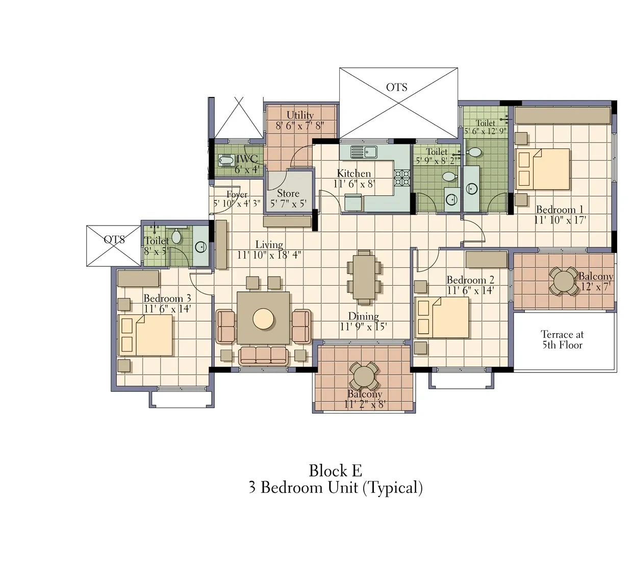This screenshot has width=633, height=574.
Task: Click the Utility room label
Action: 300,115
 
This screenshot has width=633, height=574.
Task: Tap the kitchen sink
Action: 364,152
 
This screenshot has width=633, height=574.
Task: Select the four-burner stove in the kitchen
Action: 402,178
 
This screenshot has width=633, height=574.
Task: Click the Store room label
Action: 288,193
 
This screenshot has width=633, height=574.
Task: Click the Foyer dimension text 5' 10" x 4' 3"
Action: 237,204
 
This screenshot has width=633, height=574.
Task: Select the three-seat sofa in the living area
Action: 263,356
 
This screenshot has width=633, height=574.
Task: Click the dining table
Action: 364,277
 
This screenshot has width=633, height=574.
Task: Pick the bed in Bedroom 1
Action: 542,169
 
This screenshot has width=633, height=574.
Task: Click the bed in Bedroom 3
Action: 145,335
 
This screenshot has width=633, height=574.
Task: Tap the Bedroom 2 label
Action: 470,280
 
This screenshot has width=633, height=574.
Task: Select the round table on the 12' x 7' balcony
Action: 564,281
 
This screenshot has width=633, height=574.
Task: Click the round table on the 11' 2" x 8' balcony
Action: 364,376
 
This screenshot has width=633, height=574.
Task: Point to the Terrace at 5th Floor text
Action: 562,340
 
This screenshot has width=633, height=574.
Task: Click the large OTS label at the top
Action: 397,87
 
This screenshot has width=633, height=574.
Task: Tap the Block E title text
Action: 336,471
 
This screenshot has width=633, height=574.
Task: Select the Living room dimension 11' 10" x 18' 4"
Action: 269,255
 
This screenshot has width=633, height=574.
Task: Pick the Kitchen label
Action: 354,173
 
